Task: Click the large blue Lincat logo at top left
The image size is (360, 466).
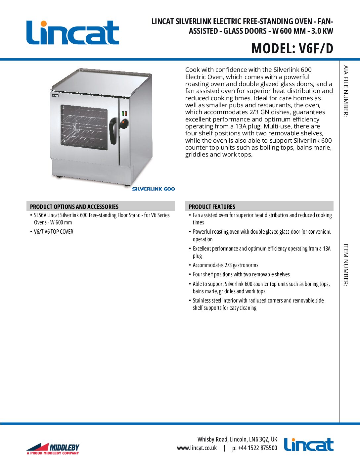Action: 72,32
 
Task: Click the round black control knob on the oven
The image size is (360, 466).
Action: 124,124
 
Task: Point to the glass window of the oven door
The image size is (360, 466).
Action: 84,127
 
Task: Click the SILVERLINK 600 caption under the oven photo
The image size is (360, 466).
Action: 153,189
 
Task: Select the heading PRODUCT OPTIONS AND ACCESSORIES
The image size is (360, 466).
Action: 74,207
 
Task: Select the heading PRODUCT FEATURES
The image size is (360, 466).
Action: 212,207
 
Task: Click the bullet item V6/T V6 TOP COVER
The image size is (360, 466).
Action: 54,232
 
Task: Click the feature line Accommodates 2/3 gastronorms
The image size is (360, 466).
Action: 225,265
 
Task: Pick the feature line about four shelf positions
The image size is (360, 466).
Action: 241,274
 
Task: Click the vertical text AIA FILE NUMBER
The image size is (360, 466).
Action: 346,91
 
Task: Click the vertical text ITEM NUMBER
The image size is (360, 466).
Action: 346,265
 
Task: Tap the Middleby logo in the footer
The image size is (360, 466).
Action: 53,448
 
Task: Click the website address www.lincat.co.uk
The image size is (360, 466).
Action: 197,448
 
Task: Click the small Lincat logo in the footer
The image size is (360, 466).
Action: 309,444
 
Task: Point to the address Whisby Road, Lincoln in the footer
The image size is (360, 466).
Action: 237,439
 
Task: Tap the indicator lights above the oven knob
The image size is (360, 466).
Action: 124,113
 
